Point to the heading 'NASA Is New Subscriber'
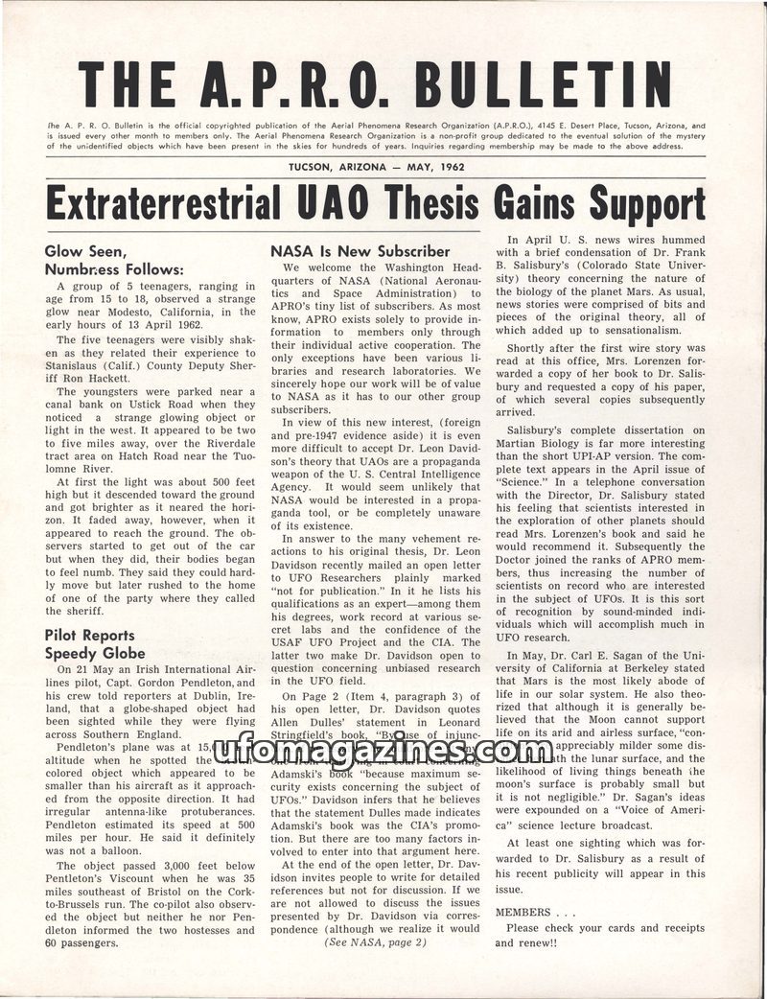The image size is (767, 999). coord(360,251)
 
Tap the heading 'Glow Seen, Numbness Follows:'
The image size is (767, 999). coord(105,260)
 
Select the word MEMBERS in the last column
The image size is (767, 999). coord(523,912)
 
